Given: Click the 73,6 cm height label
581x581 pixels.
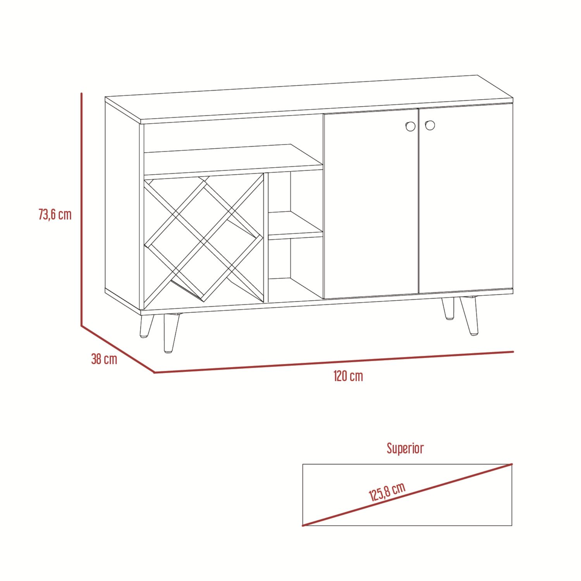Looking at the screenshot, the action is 55,214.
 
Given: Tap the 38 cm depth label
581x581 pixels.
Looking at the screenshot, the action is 104,359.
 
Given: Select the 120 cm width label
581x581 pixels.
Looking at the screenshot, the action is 348,376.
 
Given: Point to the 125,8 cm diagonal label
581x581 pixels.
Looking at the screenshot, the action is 387,492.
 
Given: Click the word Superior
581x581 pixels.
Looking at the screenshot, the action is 405,448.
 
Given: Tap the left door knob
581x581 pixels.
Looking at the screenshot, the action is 410,126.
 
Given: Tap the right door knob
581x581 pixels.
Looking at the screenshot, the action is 430,125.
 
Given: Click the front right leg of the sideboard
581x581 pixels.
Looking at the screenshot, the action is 469,315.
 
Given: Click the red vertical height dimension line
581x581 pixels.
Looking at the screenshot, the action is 81,210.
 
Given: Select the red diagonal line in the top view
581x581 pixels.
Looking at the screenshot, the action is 407,495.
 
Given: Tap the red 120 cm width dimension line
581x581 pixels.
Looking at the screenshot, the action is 334,362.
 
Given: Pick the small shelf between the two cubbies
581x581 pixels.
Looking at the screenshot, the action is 296,225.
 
